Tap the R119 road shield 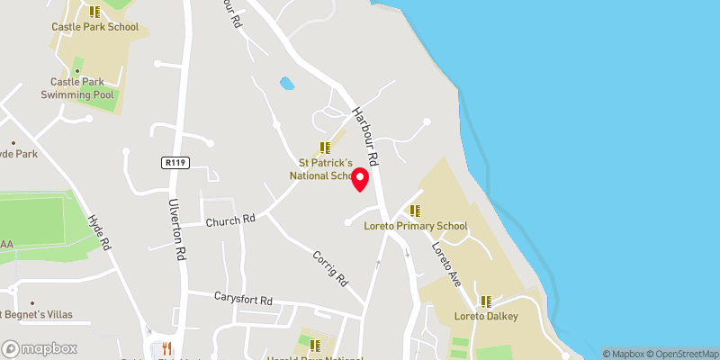coord(175,163)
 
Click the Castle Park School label coord(94,27)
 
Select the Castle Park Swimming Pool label coord(76,88)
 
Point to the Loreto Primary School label coord(416,226)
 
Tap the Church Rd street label coord(231,220)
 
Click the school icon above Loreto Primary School coord(416,211)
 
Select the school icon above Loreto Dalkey coord(486,301)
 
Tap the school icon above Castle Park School coord(94,12)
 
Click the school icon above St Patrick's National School coord(324,148)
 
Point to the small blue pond coord(287,84)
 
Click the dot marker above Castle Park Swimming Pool coord(76,71)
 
